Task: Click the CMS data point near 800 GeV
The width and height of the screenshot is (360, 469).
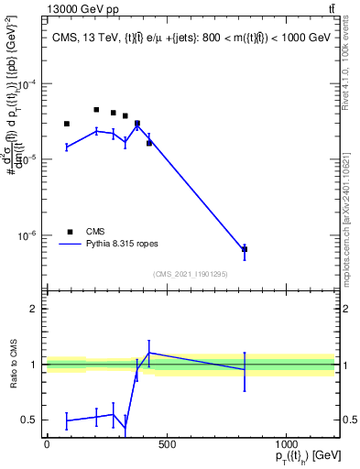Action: pyautogui.click(x=245, y=249)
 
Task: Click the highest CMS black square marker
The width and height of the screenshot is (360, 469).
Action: pyautogui.click(x=96, y=110)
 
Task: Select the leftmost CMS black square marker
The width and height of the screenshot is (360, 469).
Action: pyautogui.click(x=67, y=124)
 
